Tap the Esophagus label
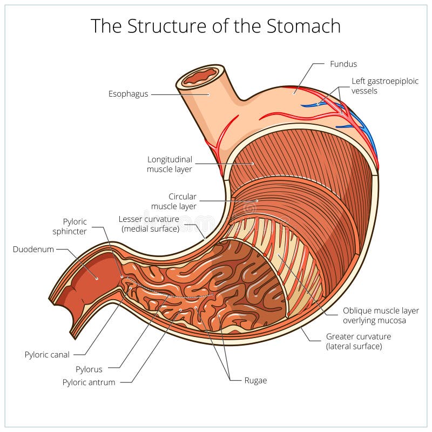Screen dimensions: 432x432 pos(128,94)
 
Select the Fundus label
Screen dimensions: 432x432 pos(343,64)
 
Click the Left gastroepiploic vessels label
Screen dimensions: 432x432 pos(378,86)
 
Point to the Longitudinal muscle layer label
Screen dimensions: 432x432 pos(170,164)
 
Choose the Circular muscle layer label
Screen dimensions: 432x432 pos(174,201)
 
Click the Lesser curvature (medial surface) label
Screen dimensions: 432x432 pos(148,224)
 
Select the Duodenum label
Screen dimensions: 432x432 pos(33,249)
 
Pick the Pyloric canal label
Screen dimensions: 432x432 pos(47,355)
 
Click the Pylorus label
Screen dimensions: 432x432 pos(90,370)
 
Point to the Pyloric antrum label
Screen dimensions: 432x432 pos(89,382)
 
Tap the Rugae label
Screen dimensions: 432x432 pos(255,380)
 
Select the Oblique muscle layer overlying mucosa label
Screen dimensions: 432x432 pos(381,316)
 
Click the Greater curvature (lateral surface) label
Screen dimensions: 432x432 pos(358,341)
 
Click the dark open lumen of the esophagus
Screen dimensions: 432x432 pos(200,76)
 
